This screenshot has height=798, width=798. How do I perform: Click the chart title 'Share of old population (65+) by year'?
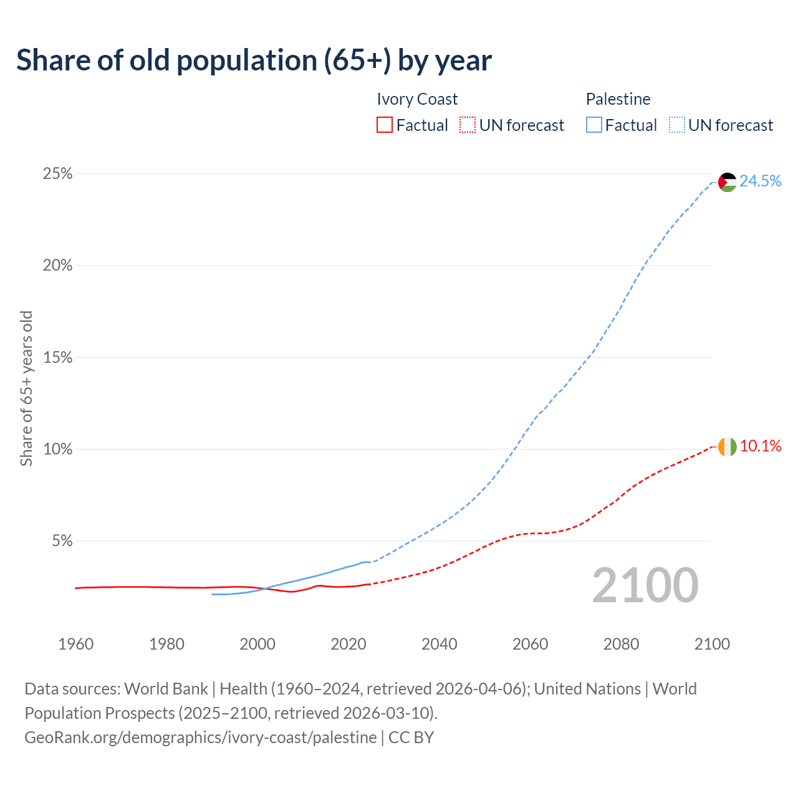coord(254,60)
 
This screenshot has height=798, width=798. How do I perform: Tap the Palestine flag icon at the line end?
coord(727,182)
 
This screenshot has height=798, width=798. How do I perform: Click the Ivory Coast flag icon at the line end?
coord(727,447)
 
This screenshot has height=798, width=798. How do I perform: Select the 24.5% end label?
coord(761,181)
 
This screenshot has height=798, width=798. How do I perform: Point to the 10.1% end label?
coord(761,446)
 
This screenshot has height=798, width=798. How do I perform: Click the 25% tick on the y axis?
coord(57,174)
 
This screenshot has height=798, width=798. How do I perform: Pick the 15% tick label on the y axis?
coord(57,358)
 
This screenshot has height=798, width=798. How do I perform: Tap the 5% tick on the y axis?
coord(61,541)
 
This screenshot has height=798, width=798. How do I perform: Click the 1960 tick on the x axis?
coord(75,644)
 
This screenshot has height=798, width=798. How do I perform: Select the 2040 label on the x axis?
coord(440,644)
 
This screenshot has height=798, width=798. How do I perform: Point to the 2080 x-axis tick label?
coord(621,644)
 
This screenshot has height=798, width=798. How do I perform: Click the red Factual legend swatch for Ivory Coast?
coord(385,125)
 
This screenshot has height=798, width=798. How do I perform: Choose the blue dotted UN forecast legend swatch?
coord(677,125)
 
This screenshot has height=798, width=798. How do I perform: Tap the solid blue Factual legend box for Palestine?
coord(594,125)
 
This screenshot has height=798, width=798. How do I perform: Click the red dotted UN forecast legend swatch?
coord(468,125)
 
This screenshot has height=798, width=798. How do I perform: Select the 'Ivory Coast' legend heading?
coord(417,99)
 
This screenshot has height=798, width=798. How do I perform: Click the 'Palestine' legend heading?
coord(618,99)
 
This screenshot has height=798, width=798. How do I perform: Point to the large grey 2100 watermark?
coord(645,585)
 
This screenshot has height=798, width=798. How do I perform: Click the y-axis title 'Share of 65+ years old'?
coord(26,388)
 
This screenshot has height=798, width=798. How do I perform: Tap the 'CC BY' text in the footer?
coord(411,738)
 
